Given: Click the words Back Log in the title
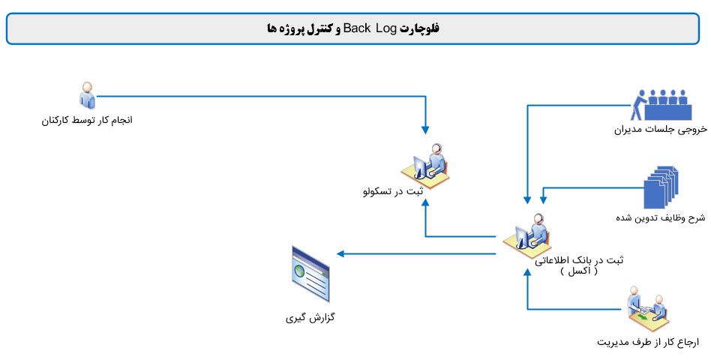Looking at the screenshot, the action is coord(370,28).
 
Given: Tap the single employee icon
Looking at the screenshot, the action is coord(87,95).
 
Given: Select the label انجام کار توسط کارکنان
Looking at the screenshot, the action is coord(87,120).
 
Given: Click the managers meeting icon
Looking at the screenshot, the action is coord(661,105).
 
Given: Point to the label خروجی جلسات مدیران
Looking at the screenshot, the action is coord(661,130).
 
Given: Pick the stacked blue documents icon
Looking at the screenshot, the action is coord(661,187).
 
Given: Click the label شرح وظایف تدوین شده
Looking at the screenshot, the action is coord(660,218).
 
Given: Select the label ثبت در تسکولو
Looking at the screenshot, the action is coord(393,191).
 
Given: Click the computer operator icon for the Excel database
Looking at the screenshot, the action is coord(527,235).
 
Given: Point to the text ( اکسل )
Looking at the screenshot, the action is coord(579,271).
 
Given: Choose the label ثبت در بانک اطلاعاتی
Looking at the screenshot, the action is coord(579,259).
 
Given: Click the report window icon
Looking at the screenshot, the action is coord(310,274).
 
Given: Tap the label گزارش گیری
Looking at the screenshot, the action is coord(310,317).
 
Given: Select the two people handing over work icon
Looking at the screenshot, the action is coord(649,309).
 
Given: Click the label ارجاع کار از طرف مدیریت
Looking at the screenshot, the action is coord(648,342).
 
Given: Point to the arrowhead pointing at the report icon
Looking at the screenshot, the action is coord(340,254).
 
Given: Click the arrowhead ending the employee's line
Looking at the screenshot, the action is coord(425,130).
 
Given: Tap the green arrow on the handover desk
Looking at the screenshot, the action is coord(643,316).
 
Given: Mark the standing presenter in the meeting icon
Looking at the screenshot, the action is coord(638,104).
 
